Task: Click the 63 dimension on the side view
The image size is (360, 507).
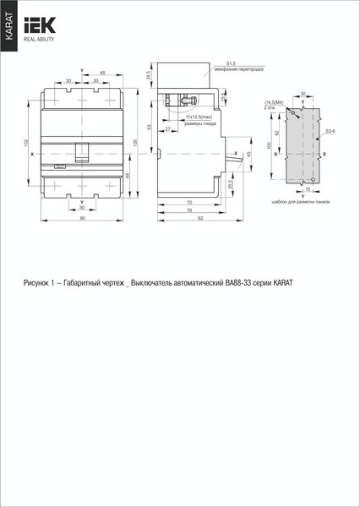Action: click(149, 127)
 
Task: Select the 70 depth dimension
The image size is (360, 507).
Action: click(188, 203)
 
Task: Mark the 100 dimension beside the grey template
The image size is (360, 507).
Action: click(270, 145)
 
